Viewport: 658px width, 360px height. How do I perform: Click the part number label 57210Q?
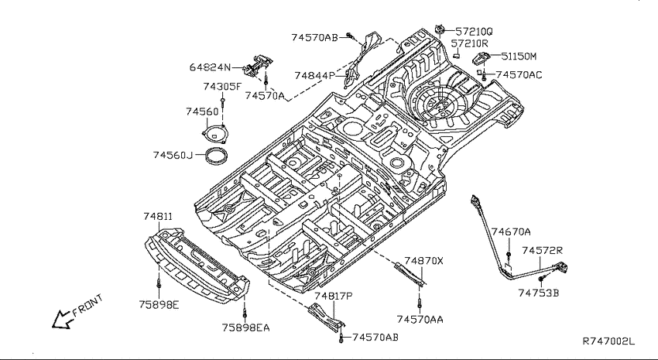click(475, 32)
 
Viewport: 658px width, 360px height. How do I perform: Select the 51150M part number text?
click(519, 57)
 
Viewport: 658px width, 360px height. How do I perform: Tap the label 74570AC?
click(519, 75)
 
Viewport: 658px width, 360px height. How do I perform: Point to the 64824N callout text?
click(210, 67)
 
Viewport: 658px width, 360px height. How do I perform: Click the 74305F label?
click(222, 87)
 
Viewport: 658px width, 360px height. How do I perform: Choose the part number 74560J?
click(173, 156)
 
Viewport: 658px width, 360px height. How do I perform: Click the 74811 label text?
click(158, 217)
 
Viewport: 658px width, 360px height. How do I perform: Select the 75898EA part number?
click(246, 327)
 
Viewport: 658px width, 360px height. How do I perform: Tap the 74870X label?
click(423, 261)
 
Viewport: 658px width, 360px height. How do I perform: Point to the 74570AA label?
click(420, 320)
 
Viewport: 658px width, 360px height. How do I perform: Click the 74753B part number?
click(539, 293)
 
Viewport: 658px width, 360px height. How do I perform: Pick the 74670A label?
click(511, 232)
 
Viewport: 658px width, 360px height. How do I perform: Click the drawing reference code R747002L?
click(609, 341)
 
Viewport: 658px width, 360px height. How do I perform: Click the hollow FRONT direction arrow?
click(62, 320)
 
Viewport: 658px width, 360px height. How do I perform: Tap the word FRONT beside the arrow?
click(87, 304)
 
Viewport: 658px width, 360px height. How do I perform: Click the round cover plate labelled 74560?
click(214, 135)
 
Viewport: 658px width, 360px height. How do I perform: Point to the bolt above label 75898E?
click(159, 283)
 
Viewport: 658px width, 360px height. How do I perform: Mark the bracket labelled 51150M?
click(482, 58)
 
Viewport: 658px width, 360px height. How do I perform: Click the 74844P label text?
click(315, 76)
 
